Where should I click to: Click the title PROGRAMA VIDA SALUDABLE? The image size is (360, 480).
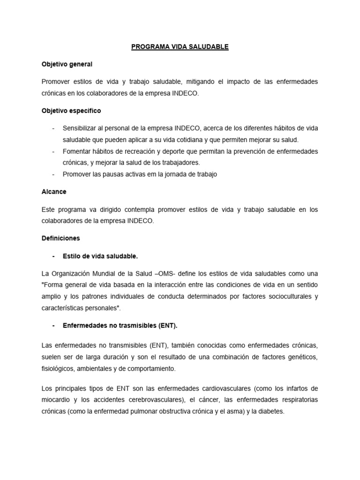pos(180,47)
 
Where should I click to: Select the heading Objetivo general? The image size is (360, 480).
pos(67,64)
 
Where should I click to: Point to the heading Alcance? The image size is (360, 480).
pos(54,192)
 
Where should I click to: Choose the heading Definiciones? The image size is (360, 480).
pos(61,238)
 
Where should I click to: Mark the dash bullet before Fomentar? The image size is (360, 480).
pos(53,151)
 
